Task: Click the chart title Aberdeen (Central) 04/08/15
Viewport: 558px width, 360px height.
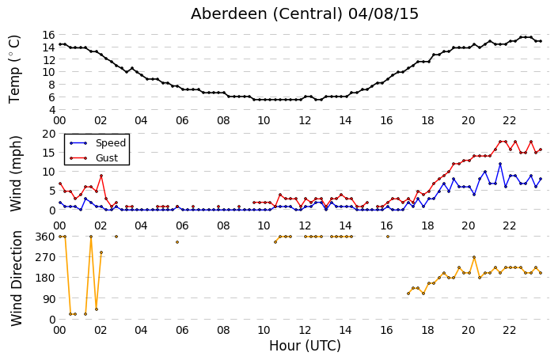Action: pyautogui.click(x=304, y=14)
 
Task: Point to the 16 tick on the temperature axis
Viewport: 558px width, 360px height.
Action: pyautogui.click(x=48, y=35)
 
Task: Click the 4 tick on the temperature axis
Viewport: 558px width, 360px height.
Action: pyautogui.click(x=51, y=110)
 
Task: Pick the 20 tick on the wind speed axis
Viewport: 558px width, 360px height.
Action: pyautogui.click(x=49, y=134)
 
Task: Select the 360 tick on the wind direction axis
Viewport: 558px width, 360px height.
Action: pyautogui.click(x=46, y=237)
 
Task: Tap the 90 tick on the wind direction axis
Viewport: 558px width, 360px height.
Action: pyautogui.click(x=49, y=299)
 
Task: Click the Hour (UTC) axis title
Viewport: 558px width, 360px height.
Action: pyautogui.click(x=305, y=346)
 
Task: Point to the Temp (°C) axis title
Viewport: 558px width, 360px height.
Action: pyautogui.click(x=14, y=69)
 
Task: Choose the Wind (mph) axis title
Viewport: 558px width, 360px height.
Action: pyautogui.click(x=16, y=174)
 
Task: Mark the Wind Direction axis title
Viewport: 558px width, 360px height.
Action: pyautogui.click(x=17, y=279)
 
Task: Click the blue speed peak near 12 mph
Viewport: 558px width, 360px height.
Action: pyautogui.click(x=500, y=164)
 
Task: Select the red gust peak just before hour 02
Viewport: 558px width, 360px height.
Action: pyautogui.click(x=101, y=176)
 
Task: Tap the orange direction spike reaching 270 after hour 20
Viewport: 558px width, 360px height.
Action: pyautogui.click(x=474, y=257)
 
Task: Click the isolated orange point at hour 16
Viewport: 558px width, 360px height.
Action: pyautogui.click(x=388, y=237)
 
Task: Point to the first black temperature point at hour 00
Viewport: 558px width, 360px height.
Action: pyautogui.click(x=60, y=44)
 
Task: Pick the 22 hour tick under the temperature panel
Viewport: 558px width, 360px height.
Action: pyautogui.click(x=509, y=121)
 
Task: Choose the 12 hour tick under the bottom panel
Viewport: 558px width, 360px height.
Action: pyautogui.click(x=305, y=331)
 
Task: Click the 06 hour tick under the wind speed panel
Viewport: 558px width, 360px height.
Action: pyautogui.click(x=182, y=225)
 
